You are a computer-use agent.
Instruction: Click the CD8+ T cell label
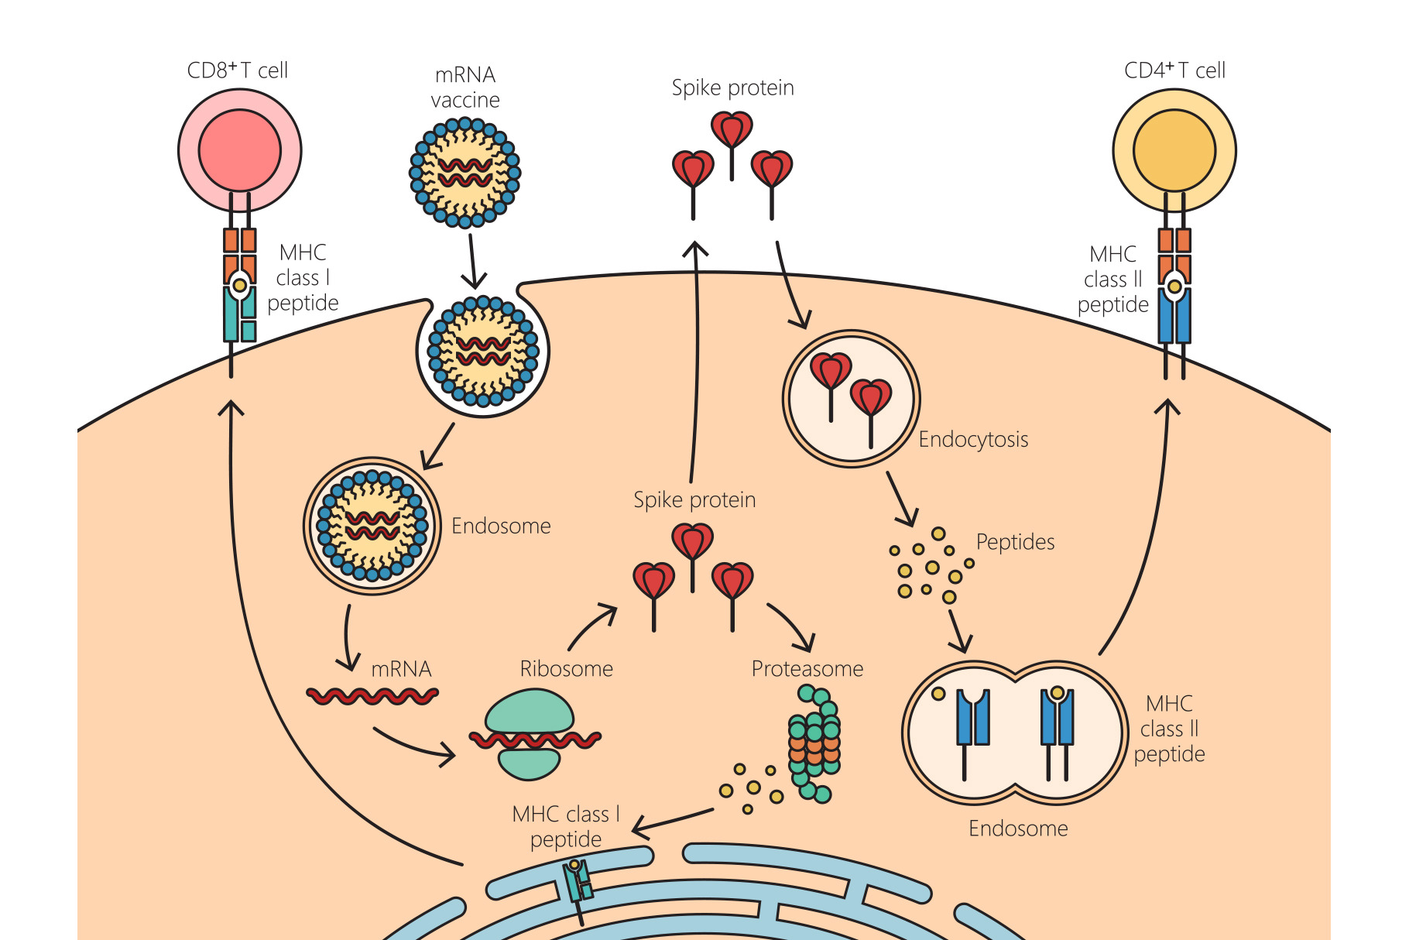click(x=237, y=70)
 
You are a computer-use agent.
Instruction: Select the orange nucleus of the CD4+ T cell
click(x=1174, y=150)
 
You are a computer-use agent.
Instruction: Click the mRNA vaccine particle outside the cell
click(x=465, y=172)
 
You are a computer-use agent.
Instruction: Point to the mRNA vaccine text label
click(x=465, y=87)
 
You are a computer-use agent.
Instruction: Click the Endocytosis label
click(x=973, y=440)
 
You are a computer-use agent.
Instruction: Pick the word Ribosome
click(x=566, y=669)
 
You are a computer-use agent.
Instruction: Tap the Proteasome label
click(x=807, y=669)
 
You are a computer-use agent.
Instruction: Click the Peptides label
click(x=1015, y=542)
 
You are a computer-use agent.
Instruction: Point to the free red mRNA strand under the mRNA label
click(x=372, y=697)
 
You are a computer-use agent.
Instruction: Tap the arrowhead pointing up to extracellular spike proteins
click(x=695, y=249)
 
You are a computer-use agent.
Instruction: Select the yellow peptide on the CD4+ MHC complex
click(x=1174, y=286)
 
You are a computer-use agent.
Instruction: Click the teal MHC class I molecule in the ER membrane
click(x=578, y=883)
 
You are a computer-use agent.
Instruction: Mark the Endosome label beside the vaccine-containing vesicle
click(x=501, y=527)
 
